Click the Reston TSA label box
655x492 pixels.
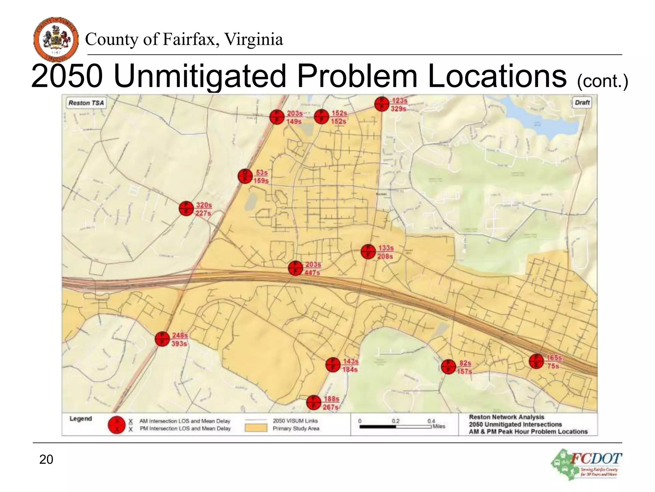pos(86,103)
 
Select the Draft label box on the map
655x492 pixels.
pos(582,102)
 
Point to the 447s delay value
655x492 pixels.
pos(312,273)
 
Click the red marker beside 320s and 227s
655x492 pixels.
pos(186,209)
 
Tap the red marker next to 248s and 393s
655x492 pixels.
pos(162,339)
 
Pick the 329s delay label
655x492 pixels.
pos(398,109)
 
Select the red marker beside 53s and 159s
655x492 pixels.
pos(245,176)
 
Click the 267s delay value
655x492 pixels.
pos(330,407)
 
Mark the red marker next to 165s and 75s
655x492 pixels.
pos(536,361)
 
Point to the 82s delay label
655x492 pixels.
pos(465,363)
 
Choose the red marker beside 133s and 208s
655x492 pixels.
pos(368,251)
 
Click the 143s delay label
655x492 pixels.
pos(351,361)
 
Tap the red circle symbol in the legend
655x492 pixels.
pos(117,425)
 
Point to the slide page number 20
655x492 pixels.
pos(46,459)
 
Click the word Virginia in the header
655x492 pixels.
pos(253,39)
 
